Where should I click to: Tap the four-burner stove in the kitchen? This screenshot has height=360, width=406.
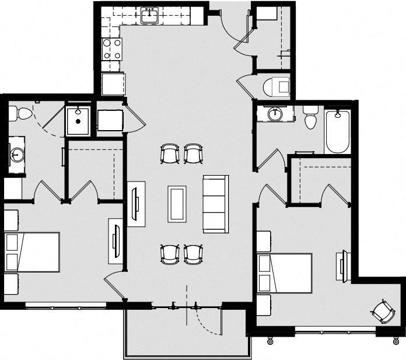[x=111, y=49]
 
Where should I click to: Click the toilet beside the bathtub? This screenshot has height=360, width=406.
[x=310, y=117]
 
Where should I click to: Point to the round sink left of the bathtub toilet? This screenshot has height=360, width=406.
[x=275, y=114]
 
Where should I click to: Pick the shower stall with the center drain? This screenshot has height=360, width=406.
[x=78, y=121]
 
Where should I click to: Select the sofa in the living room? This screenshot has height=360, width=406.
[x=215, y=203]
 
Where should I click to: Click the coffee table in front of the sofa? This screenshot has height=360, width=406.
[x=177, y=204]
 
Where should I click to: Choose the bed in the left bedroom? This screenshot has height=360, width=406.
[x=33, y=252]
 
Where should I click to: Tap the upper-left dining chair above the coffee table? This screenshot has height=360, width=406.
[x=170, y=154]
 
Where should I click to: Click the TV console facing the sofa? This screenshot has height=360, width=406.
[x=136, y=203]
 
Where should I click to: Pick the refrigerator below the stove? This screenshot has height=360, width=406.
[x=113, y=84]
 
